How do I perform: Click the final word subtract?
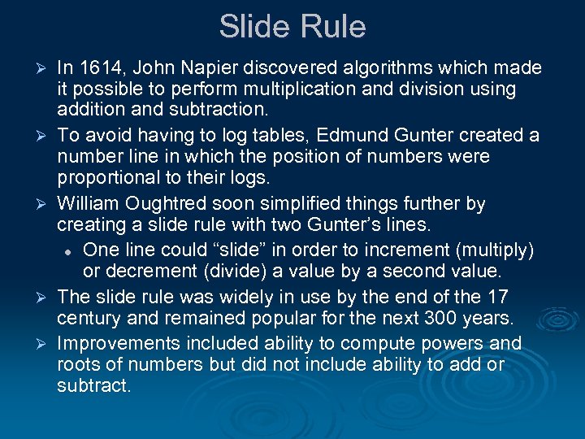click(93, 385)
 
